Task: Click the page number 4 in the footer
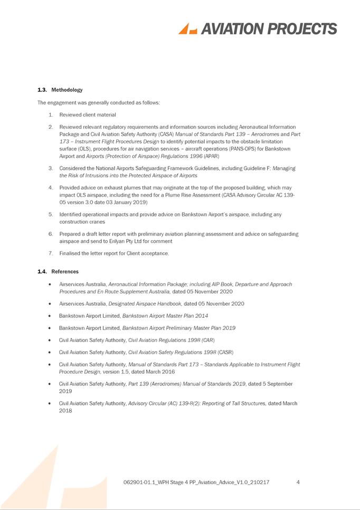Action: pyautogui.click(x=299, y=482)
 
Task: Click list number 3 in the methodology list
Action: pyautogui.click(x=50, y=168)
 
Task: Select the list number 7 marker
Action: pyautogui.click(x=50, y=253)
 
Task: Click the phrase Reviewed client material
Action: pyautogui.click(x=88, y=115)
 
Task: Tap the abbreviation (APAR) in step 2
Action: pyautogui.click(x=211, y=156)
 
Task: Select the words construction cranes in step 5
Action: pyautogui.click(x=82, y=222)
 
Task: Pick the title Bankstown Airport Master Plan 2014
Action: pyautogui.click(x=165, y=316)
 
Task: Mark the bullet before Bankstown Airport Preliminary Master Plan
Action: pyautogui.click(x=49, y=328)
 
